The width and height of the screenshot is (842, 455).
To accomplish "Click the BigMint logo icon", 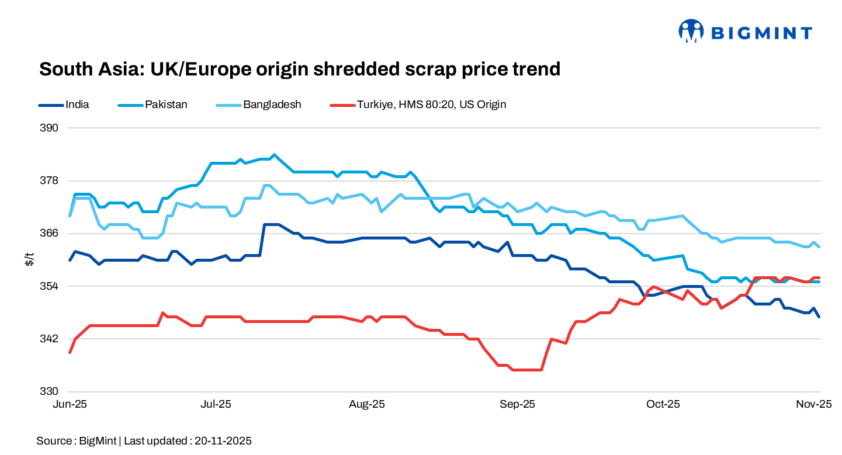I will pyautogui.click(x=691, y=31).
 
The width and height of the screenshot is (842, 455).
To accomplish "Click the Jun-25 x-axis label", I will pyautogui.click(x=70, y=404).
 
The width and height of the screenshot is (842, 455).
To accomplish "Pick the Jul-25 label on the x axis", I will pyautogui.click(x=216, y=404).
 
